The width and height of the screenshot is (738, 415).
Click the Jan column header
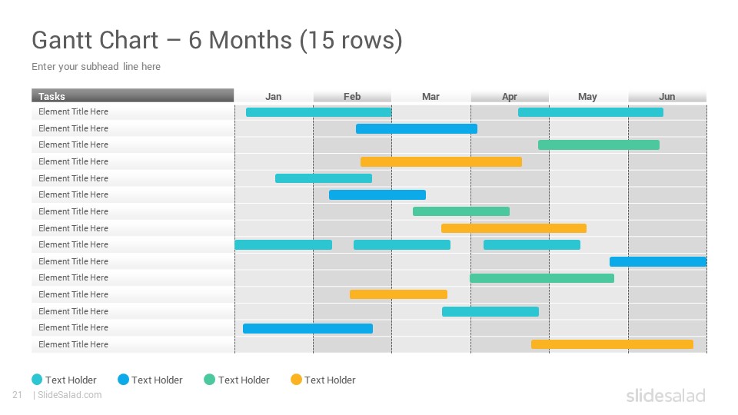(274, 97)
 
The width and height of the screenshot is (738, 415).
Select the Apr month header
(509, 97)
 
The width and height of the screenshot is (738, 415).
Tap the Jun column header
(667, 97)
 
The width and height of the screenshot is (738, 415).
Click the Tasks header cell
(133, 95)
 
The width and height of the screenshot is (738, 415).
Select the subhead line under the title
(96, 66)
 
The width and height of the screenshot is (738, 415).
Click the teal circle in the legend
(37, 379)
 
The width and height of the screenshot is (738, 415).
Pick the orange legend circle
(296, 379)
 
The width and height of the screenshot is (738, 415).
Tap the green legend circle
(209, 379)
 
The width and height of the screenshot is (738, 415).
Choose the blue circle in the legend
(123, 379)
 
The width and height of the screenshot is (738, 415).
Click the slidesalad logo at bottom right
(666, 395)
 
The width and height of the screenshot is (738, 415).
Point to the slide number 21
(18, 395)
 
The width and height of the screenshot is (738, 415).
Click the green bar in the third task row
(599, 145)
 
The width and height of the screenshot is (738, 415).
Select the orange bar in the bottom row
(613, 344)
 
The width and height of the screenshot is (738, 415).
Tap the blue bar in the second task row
(417, 128)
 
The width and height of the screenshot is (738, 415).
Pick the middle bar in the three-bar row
(402, 244)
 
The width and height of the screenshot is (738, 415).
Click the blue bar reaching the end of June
(658, 261)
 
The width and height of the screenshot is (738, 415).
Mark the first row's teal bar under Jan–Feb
(318, 112)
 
